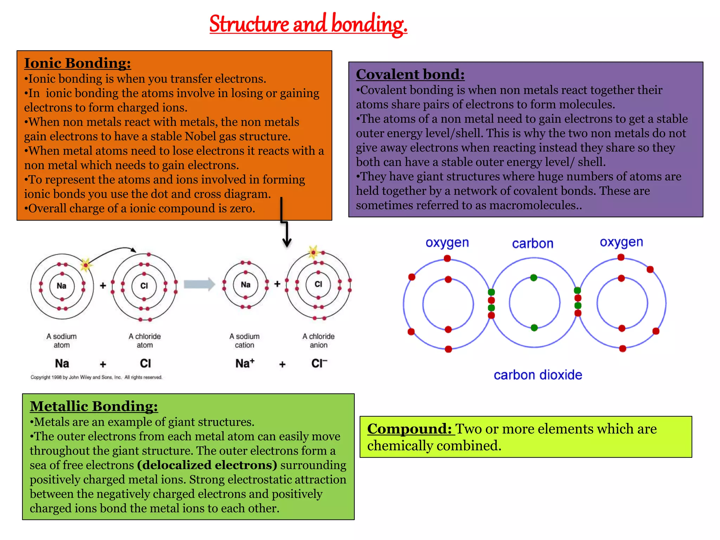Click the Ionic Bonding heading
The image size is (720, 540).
[x=77, y=63]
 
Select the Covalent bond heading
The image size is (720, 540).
[x=410, y=75]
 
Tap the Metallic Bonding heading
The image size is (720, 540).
[x=94, y=406]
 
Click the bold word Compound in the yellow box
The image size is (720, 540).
[x=409, y=429]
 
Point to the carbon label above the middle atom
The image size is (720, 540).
[x=533, y=243]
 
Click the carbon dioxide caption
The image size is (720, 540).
[x=538, y=375]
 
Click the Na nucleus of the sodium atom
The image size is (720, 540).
[x=62, y=286]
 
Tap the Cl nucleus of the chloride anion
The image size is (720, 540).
[x=318, y=284]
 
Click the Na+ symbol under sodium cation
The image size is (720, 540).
[x=245, y=363]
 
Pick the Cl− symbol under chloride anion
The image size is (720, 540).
[x=319, y=363]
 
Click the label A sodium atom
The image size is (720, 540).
[x=62, y=340]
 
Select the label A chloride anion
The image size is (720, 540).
[x=319, y=340]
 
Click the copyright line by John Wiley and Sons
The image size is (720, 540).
[x=96, y=377]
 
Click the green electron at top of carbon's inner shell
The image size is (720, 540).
[x=534, y=278]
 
